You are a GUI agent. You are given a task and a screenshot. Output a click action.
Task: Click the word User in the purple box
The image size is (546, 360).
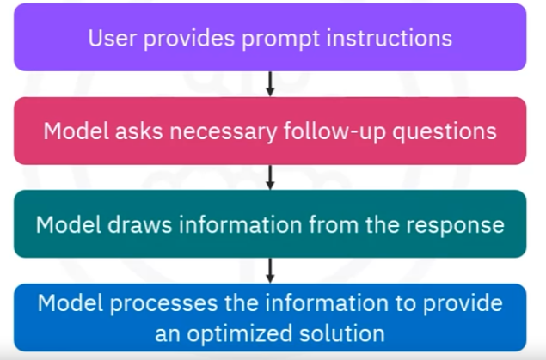(x=112, y=38)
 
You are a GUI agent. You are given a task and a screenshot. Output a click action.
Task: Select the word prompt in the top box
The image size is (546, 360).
(x=280, y=40)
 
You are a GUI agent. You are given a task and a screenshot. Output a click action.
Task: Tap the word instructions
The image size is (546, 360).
(x=390, y=38)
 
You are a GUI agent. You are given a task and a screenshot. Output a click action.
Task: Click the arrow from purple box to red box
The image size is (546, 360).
(x=270, y=84)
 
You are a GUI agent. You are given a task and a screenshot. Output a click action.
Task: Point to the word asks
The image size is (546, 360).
(x=139, y=131)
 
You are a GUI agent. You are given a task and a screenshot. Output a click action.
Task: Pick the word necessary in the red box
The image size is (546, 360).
(x=224, y=133)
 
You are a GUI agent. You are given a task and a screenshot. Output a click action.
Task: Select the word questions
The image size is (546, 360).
(x=445, y=133)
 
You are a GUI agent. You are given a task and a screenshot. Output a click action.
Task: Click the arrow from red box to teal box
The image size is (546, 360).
(x=270, y=177)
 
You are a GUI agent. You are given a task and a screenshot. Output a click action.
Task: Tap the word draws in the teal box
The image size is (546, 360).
(x=139, y=224)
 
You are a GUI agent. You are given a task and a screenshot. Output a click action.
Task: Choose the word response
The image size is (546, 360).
(x=456, y=226)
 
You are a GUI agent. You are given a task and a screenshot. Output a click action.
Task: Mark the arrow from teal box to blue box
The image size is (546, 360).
(x=270, y=271)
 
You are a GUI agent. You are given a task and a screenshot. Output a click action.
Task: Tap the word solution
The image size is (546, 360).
(x=342, y=333)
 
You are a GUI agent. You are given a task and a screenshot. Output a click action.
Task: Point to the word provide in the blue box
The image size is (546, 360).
(x=463, y=304)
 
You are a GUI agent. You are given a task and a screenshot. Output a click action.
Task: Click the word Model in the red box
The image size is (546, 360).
(x=76, y=131)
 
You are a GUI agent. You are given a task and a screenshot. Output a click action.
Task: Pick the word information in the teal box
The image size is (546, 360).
(x=240, y=224)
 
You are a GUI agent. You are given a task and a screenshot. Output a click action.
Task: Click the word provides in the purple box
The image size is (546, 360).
(x=188, y=40)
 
